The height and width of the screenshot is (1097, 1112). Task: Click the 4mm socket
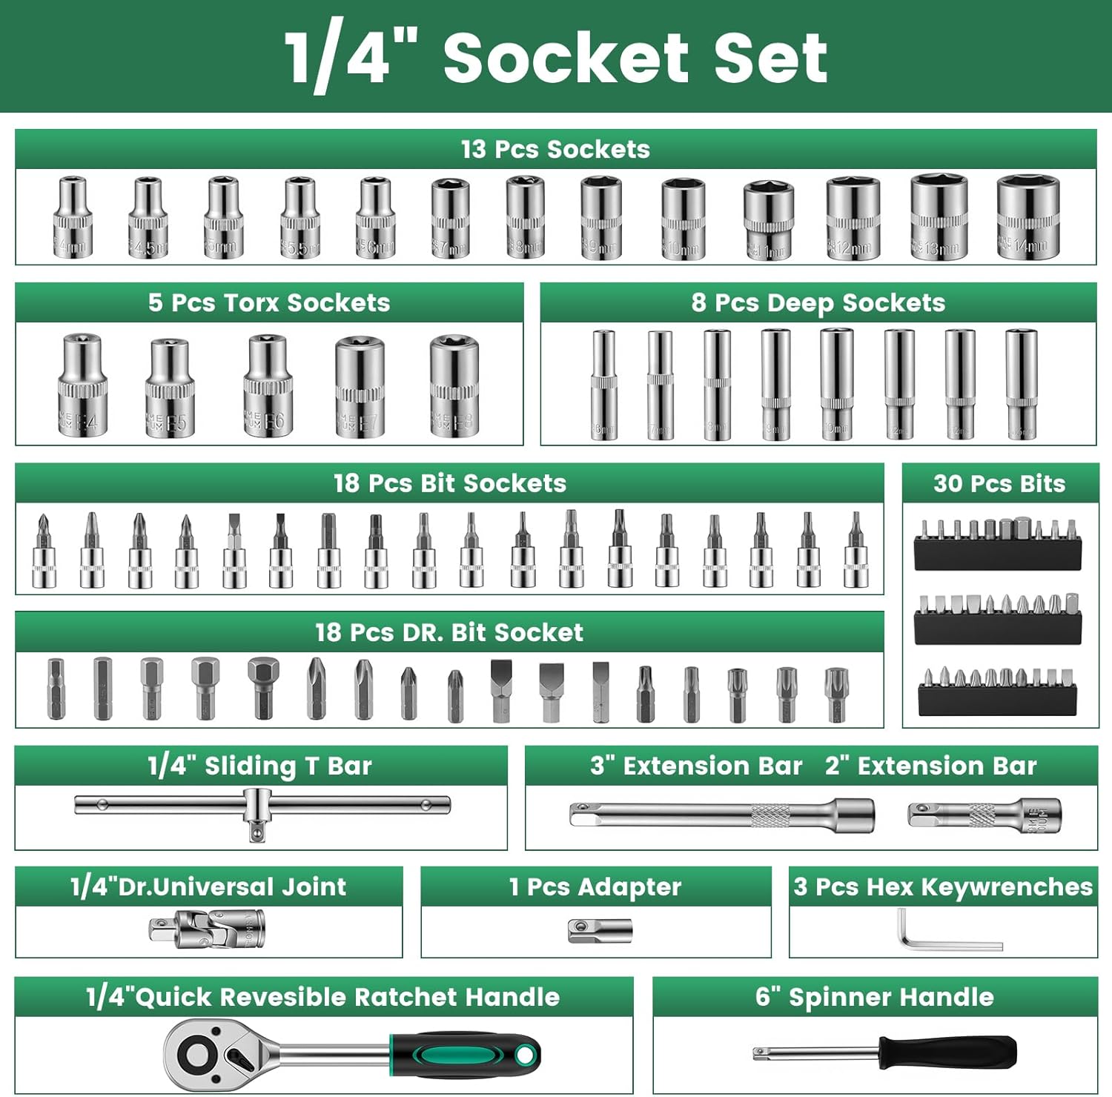coord(73,218)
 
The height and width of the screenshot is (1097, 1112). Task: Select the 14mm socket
coord(1027,217)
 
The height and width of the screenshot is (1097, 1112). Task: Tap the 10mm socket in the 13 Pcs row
coord(683,219)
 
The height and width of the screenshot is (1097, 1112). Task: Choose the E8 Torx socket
coord(454,385)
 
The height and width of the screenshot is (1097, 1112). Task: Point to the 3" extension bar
coord(721,815)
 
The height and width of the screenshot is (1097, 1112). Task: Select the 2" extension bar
coord(984,815)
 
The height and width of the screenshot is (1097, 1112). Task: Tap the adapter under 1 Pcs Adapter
coord(600,931)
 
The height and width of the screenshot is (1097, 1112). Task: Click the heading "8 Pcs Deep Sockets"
coord(818,302)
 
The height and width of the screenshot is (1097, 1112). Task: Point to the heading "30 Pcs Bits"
coord(999,483)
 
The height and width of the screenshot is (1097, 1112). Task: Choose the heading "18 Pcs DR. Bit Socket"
coord(449,632)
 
